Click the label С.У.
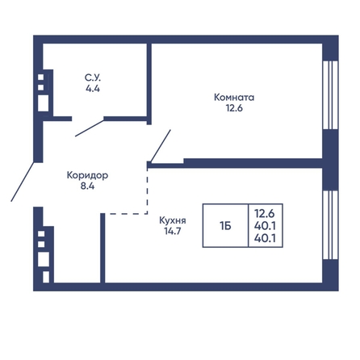[93, 77]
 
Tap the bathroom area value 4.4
[93, 89]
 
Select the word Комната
[234, 97]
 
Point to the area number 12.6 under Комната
[234, 108]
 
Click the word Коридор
[87, 175]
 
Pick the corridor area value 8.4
[87, 186]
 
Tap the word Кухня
[173, 220]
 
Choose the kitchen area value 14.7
[173, 231]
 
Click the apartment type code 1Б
[225, 226]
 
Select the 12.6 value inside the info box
[265, 213]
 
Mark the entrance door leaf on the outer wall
[23, 182]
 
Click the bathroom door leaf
[90, 128]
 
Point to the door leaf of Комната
[161, 146]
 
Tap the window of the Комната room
[330, 94]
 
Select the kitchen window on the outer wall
[330, 225]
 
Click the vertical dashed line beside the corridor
[148, 191]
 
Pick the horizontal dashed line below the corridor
[126, 214]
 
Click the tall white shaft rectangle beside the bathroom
[43, 103]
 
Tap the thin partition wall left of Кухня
[103, 248]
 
